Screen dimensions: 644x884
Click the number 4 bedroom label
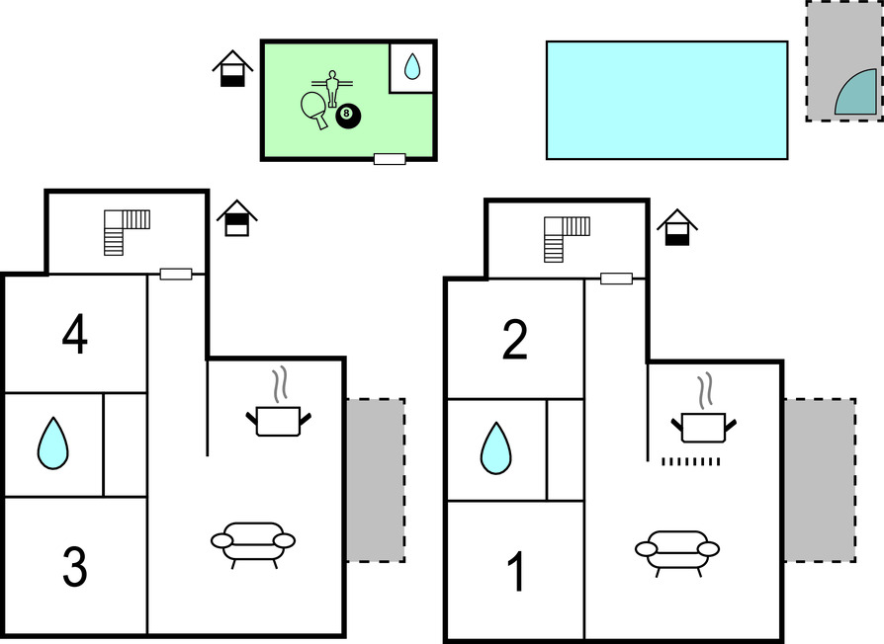click(74, 335)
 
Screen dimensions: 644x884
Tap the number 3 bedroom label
click(74, 566)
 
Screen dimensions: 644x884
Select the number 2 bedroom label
click(515, 341)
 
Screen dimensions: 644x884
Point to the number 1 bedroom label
click(515, 573)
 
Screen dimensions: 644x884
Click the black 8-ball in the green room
click(348, 117)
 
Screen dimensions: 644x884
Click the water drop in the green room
click(412, 67)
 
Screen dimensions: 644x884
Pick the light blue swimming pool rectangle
click(666, 100)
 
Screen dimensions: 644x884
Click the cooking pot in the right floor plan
click(704, 425)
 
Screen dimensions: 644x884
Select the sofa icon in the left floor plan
click(253, 540)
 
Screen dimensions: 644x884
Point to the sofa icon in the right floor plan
click(677, 548)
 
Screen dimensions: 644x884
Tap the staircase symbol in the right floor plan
click(564, 238)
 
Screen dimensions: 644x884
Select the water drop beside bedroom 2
click(495, 448)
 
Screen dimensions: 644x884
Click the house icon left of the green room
click(232, 68)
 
